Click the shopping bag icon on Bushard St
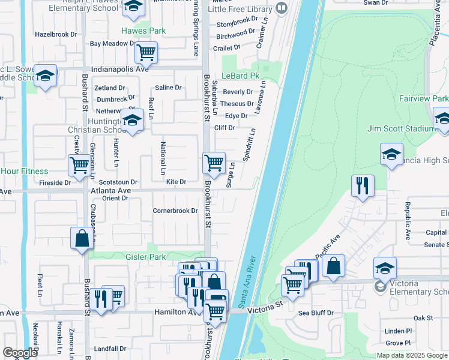pos(81,238)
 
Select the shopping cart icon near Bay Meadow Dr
pos(146,53)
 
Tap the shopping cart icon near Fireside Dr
pos(79,166)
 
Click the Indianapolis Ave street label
pos(119,69)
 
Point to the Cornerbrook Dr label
pos(175,211)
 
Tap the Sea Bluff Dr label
pos(316,313)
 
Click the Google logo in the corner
pos(20,353)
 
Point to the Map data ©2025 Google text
pos(412,355)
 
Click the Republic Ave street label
pos(407,213)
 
